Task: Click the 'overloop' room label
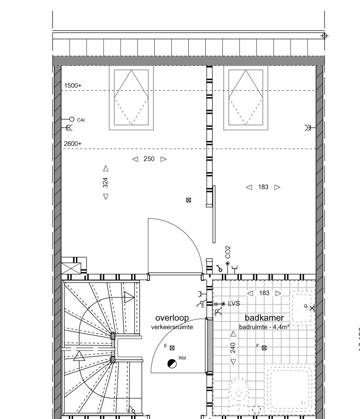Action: tap(172, 318)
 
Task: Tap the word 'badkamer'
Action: tap(264, 318)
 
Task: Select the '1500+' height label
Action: tap(73, 86)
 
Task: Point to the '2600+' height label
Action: tap(73, 144)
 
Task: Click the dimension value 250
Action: tap(149, 159)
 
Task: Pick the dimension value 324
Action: tap(105, 183)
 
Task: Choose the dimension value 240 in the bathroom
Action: tap(233, 348)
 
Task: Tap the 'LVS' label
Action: tap(234, 303)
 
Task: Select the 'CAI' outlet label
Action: tap(81, 120)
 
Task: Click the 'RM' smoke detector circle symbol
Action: tap(172, 364)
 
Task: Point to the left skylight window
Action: tap(131, 98)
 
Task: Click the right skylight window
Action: tap(246, 98)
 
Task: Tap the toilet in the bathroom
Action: tap(238, 394)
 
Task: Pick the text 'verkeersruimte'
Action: tap(172, 327)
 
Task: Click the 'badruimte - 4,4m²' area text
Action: tap(264, 327)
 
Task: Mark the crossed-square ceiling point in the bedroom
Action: tap(188, 200)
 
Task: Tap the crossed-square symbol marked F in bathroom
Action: tap(264, 348)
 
